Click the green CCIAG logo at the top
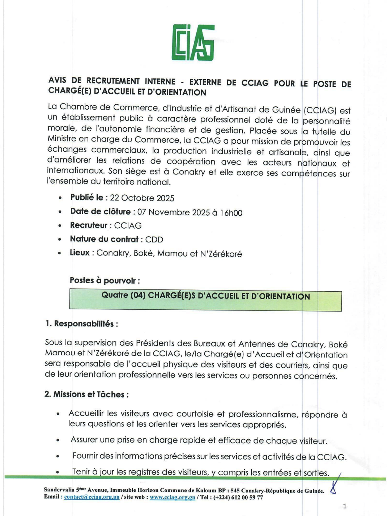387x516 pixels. pos(193,43)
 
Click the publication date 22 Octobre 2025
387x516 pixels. pos(142,198)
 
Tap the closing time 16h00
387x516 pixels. pos(231,213)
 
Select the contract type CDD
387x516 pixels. pos(154,240)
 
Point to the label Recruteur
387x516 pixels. pos(89,225)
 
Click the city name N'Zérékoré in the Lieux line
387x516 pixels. pos(221,254)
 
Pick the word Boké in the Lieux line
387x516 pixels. pos(144,253)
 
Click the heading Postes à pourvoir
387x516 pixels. pos(105,280)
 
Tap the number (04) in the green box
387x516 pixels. pos(138,295)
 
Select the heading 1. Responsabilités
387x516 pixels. pos(82,323)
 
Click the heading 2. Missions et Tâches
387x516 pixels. pos(86,394)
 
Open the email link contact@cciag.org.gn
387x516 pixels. pos(92,497)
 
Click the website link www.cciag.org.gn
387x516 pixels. pos(172,497)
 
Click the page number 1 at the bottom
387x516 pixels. pos(345,506)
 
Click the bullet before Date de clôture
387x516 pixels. pos(60,212)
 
